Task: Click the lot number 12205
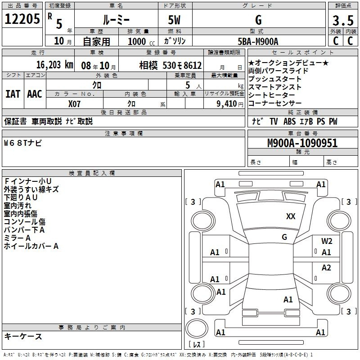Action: coord(22,19)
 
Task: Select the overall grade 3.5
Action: coord(343,21)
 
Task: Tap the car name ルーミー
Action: coord(116,20)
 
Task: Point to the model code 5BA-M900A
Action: coord(258,41)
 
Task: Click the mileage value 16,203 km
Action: coord(54,65)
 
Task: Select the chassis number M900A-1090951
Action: coord(302,143)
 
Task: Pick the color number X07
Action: coord(74,104)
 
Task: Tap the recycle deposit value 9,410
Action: coord(227,104)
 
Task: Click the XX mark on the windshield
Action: coord(291,216)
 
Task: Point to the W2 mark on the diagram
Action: coord(327,241)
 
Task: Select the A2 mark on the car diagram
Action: coord(326,268)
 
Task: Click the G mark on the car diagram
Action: coord(284,237)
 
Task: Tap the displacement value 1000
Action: coord(137,41)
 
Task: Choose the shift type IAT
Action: coord(13,94)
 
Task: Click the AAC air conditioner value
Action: coord(35,94)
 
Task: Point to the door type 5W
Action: coord(174,20)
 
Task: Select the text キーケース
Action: coord(23,336)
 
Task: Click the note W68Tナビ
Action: coord(23,143)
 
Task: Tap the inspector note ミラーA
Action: coord(17,238)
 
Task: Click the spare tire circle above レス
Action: coord(197,328)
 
